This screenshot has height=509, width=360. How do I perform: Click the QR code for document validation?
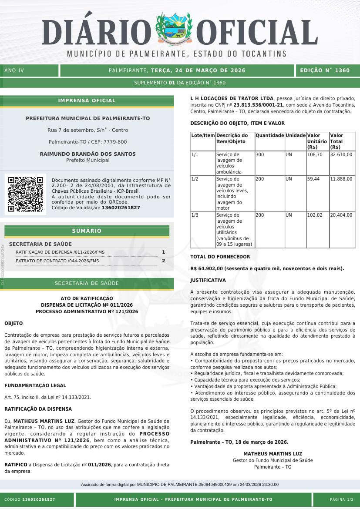[x=25, y=194]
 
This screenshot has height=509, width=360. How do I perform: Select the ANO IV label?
[x=14, y=70]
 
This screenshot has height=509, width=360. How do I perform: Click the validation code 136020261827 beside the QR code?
[x=121, y=208]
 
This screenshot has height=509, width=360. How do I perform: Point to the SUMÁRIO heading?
[x=87, y=231]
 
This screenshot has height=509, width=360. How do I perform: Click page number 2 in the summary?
[x=163, y=261]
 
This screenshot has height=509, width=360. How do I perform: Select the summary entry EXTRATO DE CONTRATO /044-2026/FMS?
[x=57, y=261]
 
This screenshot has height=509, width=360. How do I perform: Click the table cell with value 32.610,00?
[x=341, y=154]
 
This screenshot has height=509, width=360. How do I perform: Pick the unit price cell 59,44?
[x=313, y=179]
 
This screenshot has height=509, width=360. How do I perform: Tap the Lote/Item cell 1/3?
[x=195, y=215]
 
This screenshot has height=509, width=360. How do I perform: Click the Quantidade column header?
[x=269, y=136]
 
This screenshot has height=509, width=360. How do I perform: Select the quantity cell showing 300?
[x=260, y=154]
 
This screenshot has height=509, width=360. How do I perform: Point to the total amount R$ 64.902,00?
[x=208, y=268]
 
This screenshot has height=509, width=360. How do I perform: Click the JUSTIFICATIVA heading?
[x=208, y=280]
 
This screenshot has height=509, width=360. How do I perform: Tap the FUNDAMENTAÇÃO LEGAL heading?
[x=35, y=385]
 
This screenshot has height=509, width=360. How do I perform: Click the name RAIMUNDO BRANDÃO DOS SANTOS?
[x=87, y=154]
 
